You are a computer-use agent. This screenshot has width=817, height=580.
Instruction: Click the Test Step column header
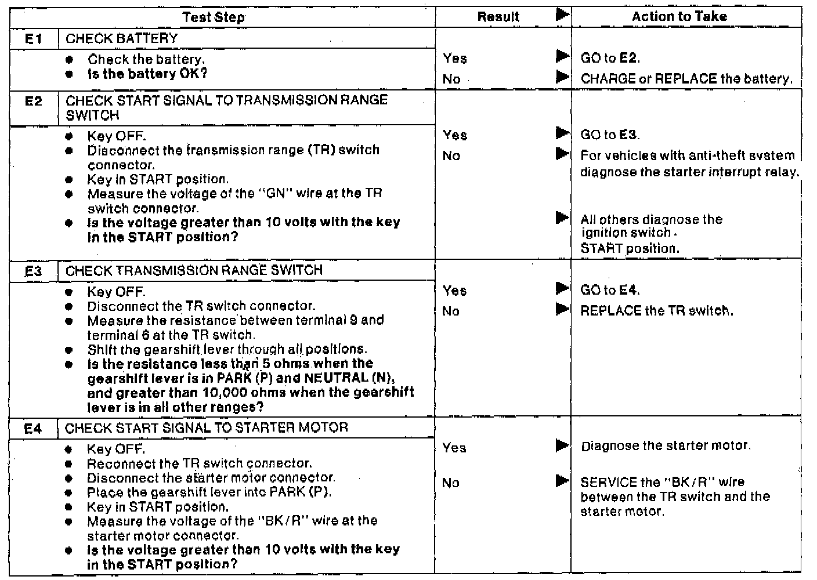point(214,17)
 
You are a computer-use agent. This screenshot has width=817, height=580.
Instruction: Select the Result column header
point(498,17)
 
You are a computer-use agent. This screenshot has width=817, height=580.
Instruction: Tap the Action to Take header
point(679,16)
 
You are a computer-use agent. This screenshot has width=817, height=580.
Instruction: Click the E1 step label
point(34,39)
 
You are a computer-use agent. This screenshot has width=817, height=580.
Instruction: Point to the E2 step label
point(34,101)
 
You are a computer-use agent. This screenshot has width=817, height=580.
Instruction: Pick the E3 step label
point(33,271)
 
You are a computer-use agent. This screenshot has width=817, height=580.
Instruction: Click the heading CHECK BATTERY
point(122,39)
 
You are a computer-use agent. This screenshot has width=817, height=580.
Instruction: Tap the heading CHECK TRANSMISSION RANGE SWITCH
point(194,270)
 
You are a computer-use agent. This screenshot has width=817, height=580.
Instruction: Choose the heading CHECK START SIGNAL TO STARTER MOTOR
point(206,428)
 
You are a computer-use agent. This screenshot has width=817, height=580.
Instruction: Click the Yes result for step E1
point(454,58)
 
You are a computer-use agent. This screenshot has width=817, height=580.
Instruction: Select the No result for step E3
point(451,311)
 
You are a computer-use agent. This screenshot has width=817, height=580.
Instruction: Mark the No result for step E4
point(451,483)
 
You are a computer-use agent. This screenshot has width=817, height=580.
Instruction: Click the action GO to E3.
point(610,135)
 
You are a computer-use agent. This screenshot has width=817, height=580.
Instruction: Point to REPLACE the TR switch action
point(656,310)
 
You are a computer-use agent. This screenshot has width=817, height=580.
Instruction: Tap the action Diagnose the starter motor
point(666,446)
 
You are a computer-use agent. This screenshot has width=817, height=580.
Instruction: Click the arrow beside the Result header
point(562,15)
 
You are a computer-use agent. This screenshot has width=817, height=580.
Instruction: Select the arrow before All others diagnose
point(562,218)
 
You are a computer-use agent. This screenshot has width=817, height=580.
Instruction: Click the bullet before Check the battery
point(69,60)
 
